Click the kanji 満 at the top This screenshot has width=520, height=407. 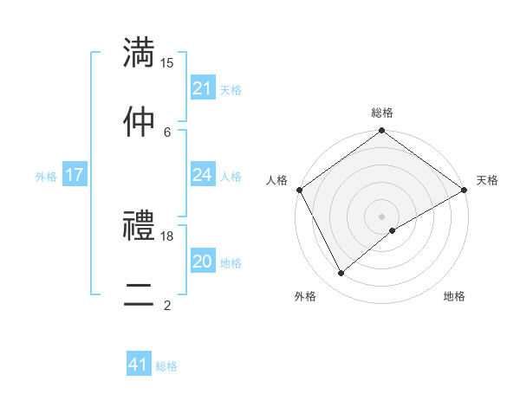click(140, 51)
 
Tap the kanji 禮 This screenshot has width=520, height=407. click(140, 226)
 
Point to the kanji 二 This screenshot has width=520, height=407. click(140, 294)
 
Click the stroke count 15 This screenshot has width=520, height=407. click(167, 62)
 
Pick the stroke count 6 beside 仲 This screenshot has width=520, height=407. click(167, 131)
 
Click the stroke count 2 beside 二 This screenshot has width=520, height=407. click(167, 305)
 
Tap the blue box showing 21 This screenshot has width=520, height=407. click(203, 88)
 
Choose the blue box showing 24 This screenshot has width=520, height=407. click(203, 175)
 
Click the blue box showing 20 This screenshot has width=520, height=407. click(203, 262)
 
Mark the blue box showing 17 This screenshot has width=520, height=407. click(75, 175)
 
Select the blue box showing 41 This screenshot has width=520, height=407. click(139, 365)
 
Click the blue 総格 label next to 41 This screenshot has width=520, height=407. click(166, 366)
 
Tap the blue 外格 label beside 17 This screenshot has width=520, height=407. click(46, 176)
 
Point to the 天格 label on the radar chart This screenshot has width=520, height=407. click(487, 180)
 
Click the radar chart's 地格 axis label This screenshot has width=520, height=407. click(454, 296)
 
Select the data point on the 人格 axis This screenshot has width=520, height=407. click(299, 190)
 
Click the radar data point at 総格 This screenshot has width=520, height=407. click(381, 131)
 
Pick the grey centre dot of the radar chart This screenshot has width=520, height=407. click(381, 216)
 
